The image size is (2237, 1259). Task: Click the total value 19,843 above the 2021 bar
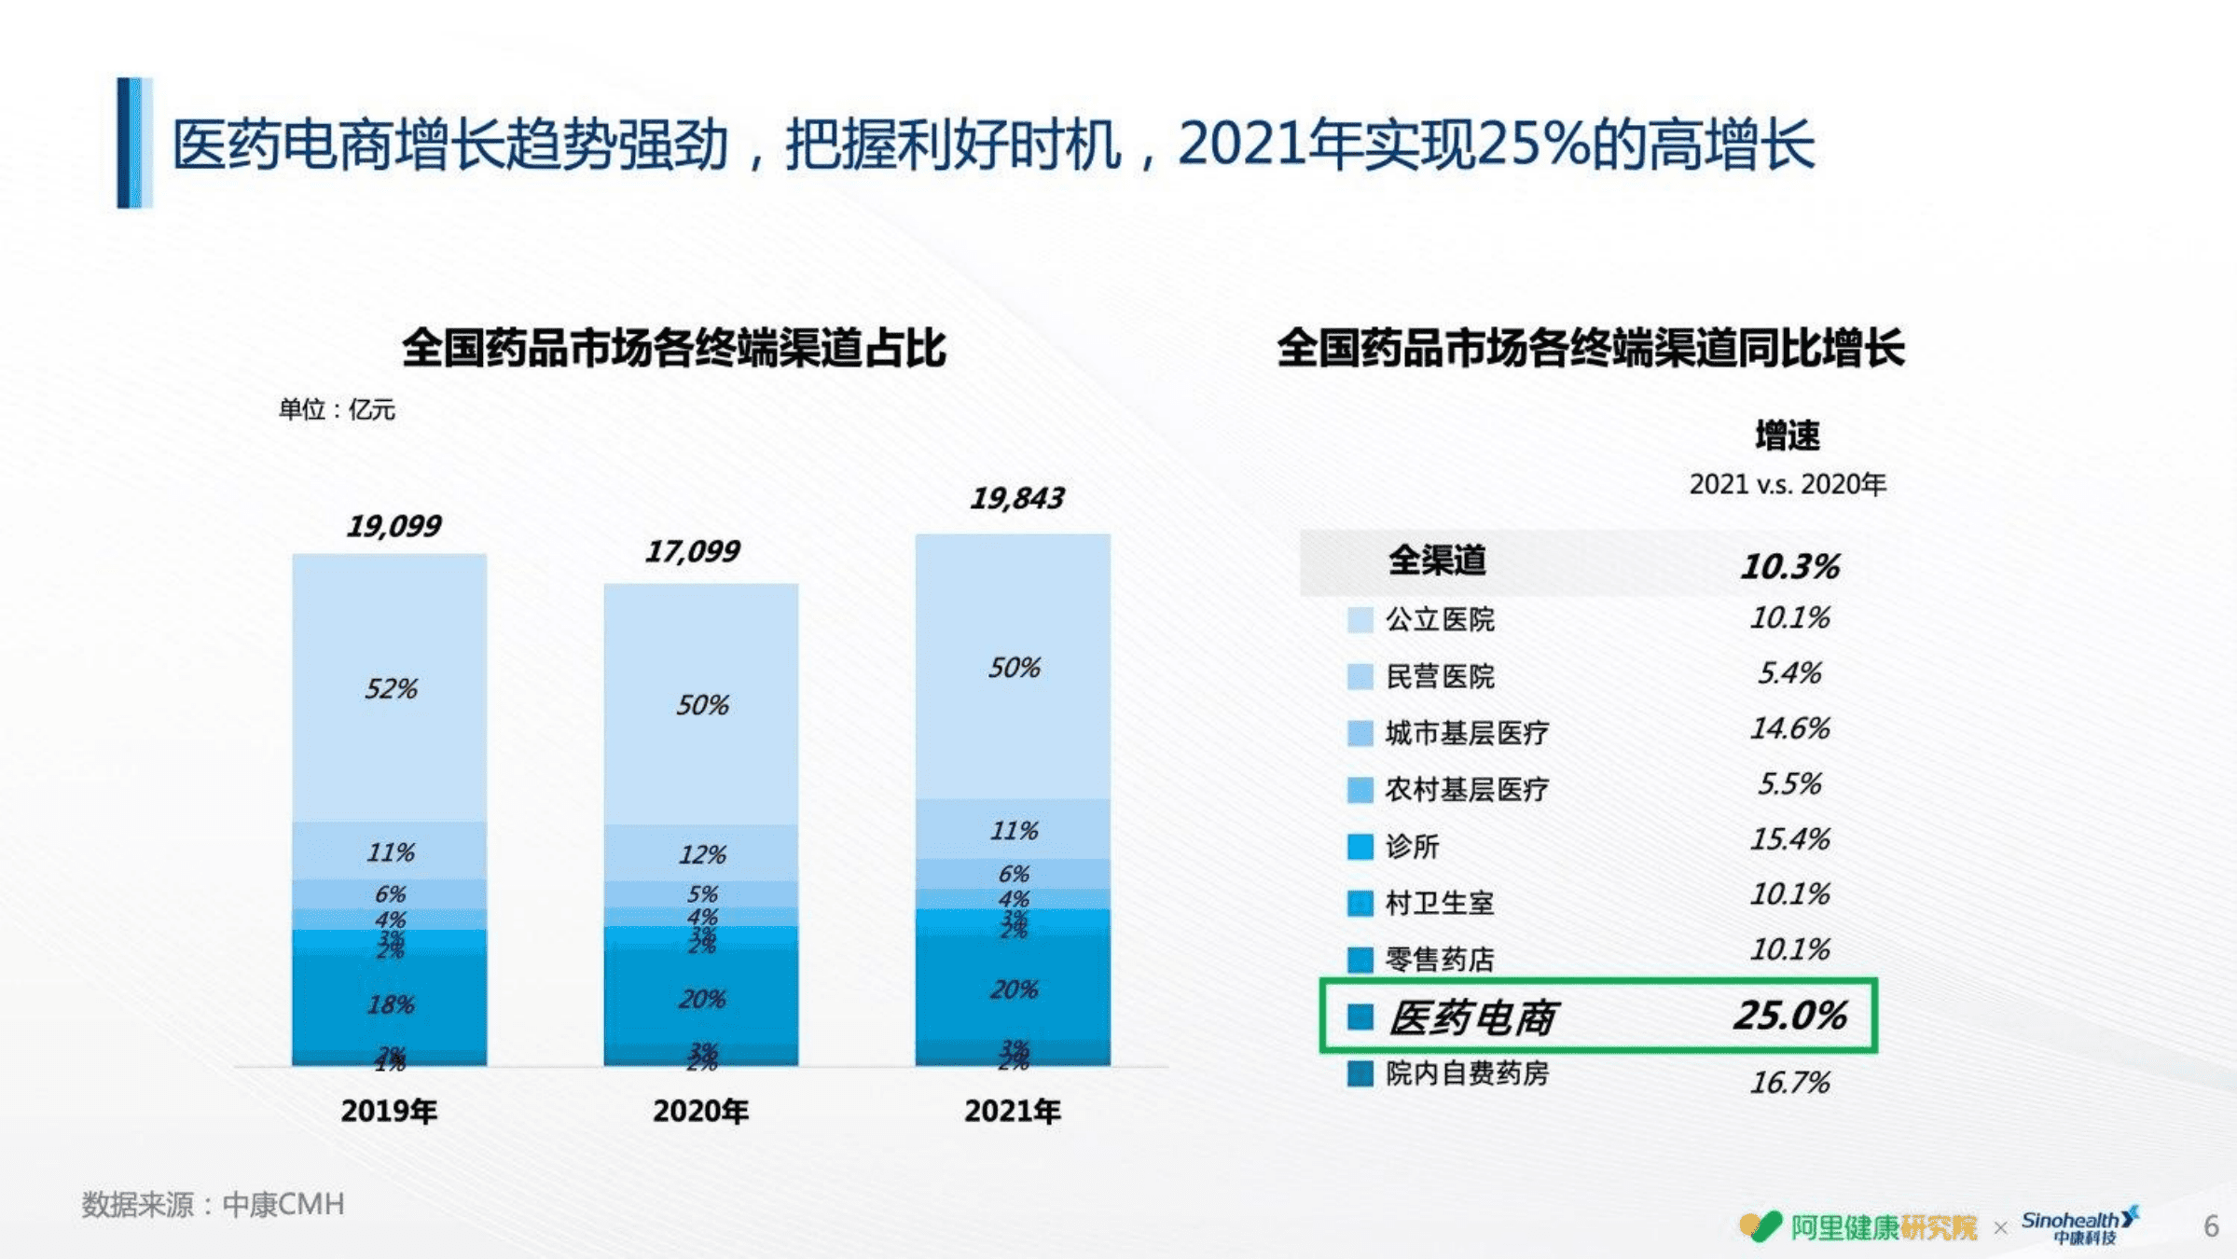tap(1016, 498)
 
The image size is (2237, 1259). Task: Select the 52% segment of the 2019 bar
tap(390, 688)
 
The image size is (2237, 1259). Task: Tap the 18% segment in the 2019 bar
tap(390, 1004)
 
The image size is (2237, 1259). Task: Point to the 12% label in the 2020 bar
tap(701, 854)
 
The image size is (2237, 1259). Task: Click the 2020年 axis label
tap(700, 1111)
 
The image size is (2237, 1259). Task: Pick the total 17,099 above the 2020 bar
tap(693, 551)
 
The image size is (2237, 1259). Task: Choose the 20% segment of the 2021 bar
tap(1014, 989)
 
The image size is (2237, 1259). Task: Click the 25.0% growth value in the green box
tap(1789, 1016)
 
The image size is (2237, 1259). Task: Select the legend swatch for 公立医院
tap(1360, 620)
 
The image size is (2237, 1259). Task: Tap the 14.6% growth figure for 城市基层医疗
tap(1789, 728)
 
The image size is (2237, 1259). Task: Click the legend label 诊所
tap(1412, 846)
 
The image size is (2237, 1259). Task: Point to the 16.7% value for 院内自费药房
tap(1789, 1082)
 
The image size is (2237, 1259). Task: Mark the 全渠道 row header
tap(1437, 560)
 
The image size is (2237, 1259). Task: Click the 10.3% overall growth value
tap(1789, 566)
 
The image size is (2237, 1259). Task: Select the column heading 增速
tap(1787, 436)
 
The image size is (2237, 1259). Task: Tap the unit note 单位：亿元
tap(337, 409)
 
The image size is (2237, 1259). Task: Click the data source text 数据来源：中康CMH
tap(214, 1204)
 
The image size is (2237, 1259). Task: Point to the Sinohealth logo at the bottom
tap(2079, 1225)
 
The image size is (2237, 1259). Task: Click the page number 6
tap(2210, 1225)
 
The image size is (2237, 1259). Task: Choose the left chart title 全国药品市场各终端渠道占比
tap(674, 348)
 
